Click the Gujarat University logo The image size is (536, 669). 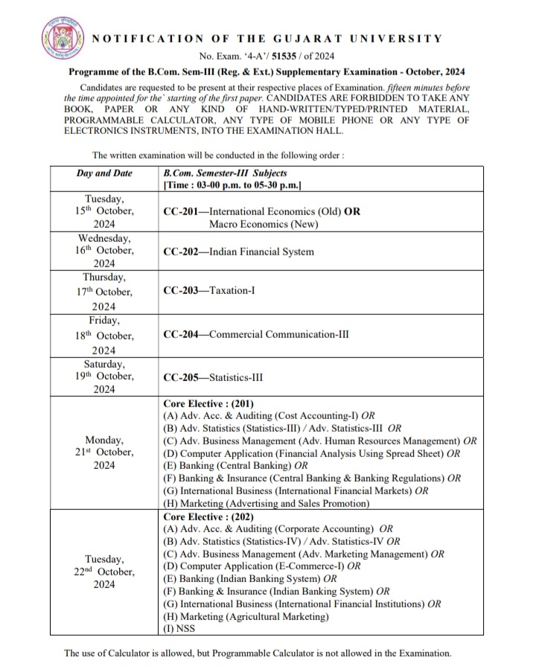(x=60, y=37)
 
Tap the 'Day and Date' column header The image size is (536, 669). (x=104, y=173)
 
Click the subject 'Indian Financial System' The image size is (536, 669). (x=261, y=252)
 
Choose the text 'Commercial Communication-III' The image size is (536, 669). (x=279, y=334)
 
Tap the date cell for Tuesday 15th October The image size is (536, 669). (x=104, y=211)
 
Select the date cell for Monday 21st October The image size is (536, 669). (x=104, y=452)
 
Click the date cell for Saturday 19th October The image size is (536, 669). (x=104, y=377)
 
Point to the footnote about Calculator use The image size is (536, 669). (x=258, y=653)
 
